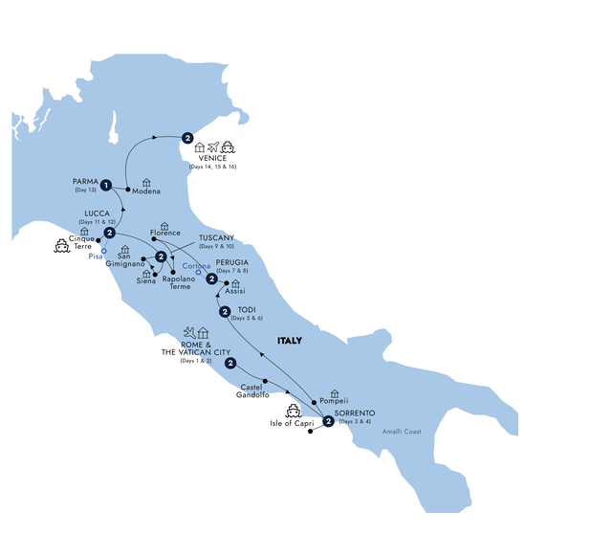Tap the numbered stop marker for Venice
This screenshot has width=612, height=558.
pos(187,138)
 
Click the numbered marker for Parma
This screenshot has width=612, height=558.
pos(106,185)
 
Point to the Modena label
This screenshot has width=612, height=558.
pos(146,190)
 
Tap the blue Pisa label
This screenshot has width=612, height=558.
pos(94,257)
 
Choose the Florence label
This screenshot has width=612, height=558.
pos(164,233)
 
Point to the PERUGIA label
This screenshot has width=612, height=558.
pos(236,261)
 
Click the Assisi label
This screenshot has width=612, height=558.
pos(235,291)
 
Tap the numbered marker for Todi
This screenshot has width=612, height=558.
pos(225,312)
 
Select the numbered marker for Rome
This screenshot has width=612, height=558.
pos(230,363)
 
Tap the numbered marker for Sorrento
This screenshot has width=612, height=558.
pos(329,422)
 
